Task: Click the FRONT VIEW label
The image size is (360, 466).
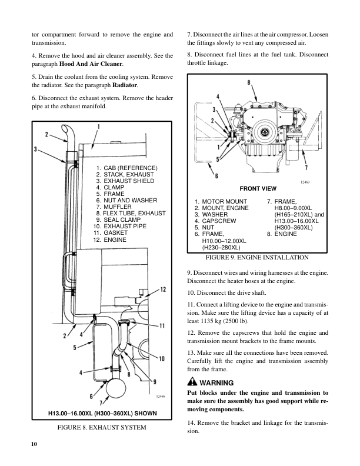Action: pyautogui.click(x=256, y=189)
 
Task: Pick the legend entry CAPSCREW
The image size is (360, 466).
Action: pyautogui.click(x=220, y=221)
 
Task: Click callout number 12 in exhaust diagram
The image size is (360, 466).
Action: pyautogui.click(x=163, y=289)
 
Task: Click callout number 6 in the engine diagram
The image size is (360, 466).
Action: pyautogui.click(x=201, y=175)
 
